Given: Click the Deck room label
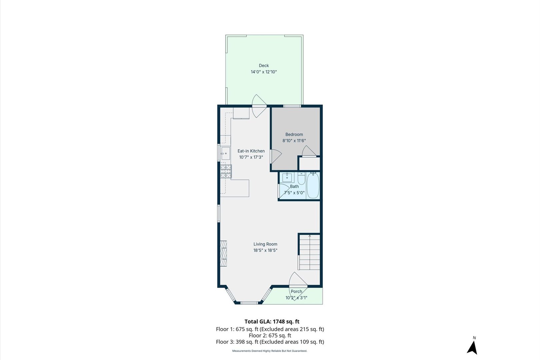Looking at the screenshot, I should pyautogui.click(x=264, y=66).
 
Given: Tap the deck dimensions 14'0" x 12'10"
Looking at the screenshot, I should pyautogui.click(x=264, y=72).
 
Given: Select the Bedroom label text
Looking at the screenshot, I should pyautogui.click(x=294, y=135).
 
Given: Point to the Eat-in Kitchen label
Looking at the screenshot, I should pyautogui.click(x=251, y=151).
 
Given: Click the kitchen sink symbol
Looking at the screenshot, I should pyautogui.click(x=226, y=154).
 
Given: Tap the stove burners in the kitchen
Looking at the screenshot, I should pyautogui.click(x=226, y=171).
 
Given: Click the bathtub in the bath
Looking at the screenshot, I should pyautogui.click(x=313, y=186).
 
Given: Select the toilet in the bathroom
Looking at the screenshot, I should pyautogui.click(x=301, y=179).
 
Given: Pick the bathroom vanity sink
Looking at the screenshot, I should pyautogui.click(x=287, y=177).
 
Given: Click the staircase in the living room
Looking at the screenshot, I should pyautogui.click(x=309, y=252).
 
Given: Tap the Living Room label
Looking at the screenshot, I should pyautogui.click(x=265, y=244).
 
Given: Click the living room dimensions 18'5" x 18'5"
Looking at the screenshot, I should pyautogui.click(x=265, y=250).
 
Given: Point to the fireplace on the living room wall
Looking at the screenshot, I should pyautogui.click(x=223, y=253).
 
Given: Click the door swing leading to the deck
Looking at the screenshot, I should pyautogui.click(x=259, y=106).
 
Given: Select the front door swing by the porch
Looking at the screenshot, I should pyautogui.click(x=297, y=281).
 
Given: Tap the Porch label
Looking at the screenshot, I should pyautogui.click(x=296, y=292).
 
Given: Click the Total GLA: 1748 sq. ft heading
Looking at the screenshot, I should pyautogui.click(x=272, y=322).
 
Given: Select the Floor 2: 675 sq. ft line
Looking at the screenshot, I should pyautogui.click(x=270, y=336).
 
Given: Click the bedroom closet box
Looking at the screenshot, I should pyautogui.click(x=309, y=164).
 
